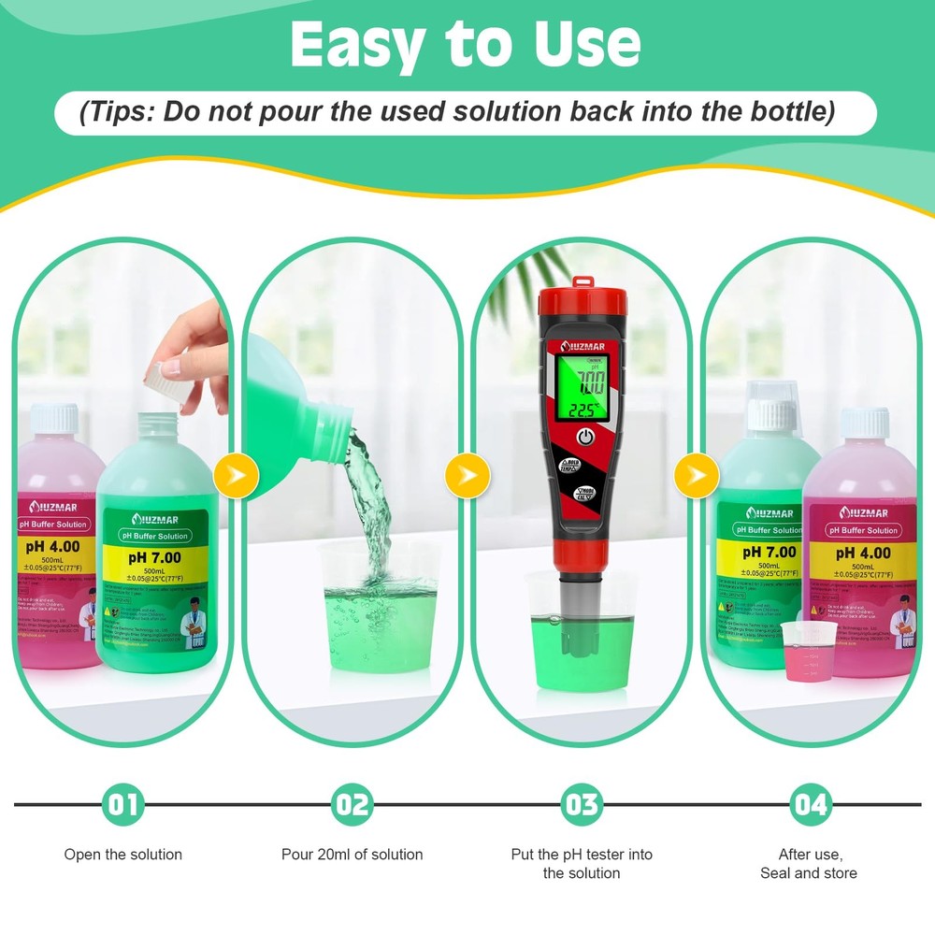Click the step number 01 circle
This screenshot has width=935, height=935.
pos(123,804)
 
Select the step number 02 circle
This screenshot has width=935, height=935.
pos(352,804)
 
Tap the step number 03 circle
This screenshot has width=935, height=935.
pos(582,804)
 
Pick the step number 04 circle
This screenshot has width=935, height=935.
pos(810,804)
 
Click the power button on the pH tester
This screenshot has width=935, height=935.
pos(585,437)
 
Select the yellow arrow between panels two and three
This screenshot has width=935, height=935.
pos(466,476)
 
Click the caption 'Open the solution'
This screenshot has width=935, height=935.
pos(123,855)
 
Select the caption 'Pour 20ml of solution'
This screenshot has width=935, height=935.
pos(352,855)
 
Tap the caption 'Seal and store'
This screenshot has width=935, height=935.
pos(809,873)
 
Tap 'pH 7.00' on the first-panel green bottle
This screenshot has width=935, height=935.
pos(156,558)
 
